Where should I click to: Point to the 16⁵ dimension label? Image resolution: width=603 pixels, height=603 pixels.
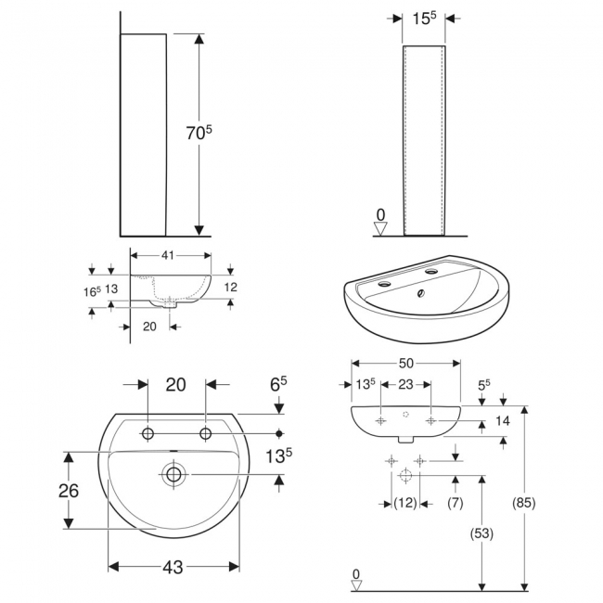pos(92,290)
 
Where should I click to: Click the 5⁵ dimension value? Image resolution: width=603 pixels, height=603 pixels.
pos(482,382)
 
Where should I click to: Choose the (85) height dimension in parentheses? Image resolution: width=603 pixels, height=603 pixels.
pos(523,503)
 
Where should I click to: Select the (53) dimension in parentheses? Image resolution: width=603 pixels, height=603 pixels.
pos(481,533)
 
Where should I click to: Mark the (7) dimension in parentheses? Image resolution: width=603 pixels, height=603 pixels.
pos(455,503)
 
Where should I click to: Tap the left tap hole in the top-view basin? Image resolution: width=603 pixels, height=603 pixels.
pos(147,433)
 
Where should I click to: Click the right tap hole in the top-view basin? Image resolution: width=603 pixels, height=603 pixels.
pos(206,433)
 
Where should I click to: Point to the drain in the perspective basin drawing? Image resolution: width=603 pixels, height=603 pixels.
pos(422,295)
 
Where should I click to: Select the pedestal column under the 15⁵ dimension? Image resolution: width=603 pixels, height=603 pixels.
pos(423,139)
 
